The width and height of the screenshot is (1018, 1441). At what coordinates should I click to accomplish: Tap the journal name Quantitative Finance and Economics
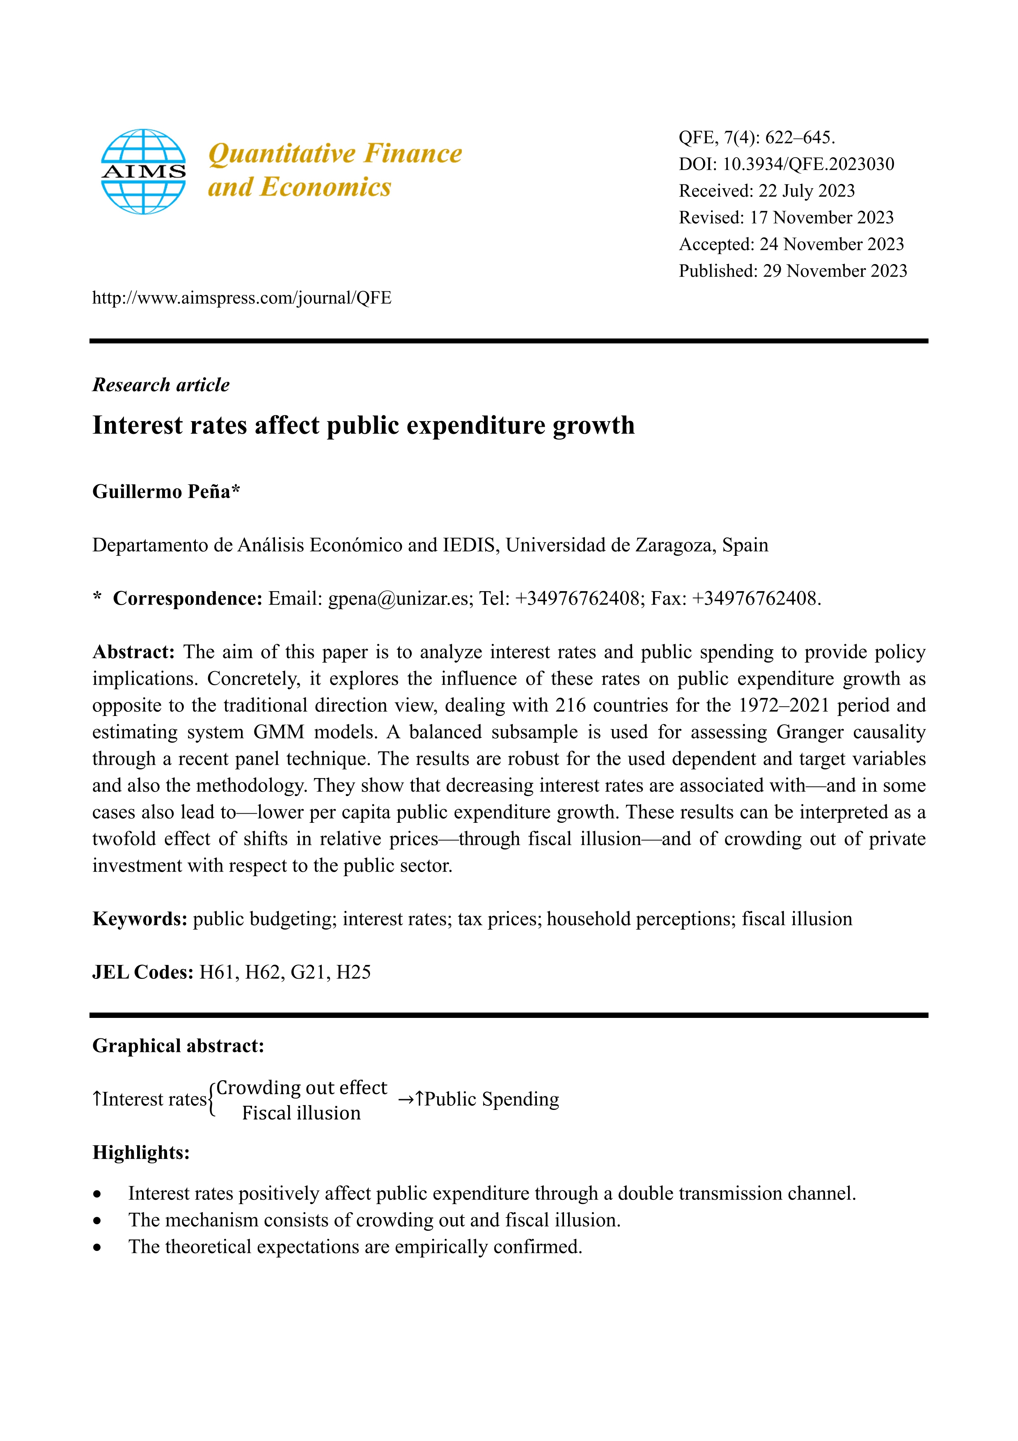(x=334, y=170)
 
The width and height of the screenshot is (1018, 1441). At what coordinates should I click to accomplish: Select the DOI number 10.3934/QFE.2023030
(x=808, y=164)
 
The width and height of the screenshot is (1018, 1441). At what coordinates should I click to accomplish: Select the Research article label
(x=160, y=385)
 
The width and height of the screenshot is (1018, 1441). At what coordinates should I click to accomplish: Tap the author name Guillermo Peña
(x=161, y=491)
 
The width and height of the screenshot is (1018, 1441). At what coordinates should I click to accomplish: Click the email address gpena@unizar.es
(x=398, y=599)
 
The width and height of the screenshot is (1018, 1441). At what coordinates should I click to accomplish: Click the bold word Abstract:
(x=133, y=652)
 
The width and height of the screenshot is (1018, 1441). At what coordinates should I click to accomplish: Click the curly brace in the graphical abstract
(x=212, y=1100)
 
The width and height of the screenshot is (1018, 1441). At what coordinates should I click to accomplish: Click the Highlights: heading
(x=140, y=1153)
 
